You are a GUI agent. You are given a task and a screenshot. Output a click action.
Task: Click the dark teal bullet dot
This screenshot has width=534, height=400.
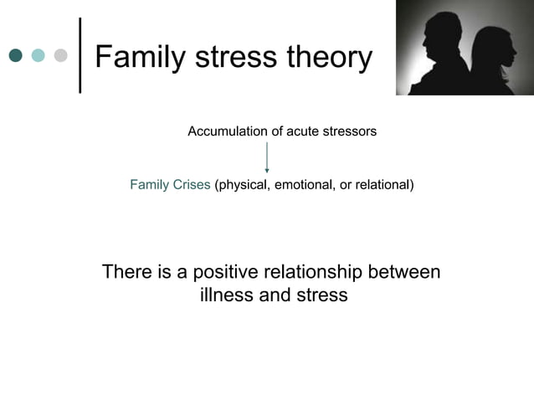point(16,56)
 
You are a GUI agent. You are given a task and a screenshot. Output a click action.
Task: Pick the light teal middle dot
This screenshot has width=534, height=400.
point(38,56)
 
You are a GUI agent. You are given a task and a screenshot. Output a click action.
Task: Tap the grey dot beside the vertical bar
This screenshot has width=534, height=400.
point(59,56)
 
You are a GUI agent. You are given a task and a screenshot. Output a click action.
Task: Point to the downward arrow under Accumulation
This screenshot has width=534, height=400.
point(267,157)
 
